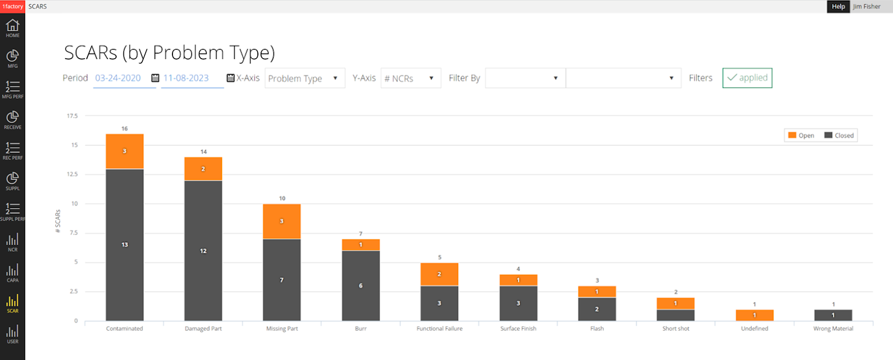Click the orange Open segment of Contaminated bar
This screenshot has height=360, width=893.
coord(124,151)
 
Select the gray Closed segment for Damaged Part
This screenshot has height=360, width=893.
coord(203,251)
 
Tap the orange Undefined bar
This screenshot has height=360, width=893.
coord(754,315)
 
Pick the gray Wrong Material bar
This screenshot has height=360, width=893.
coord(833,315)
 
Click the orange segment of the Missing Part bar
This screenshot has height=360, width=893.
coord(282,221)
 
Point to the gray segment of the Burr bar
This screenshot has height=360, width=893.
coord(361,285)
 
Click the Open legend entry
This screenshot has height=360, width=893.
coord(801,136)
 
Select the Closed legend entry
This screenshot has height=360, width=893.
coord(839,136)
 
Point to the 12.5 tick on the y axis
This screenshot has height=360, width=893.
coord(72,174)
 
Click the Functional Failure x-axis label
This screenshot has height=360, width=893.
coord(439,329)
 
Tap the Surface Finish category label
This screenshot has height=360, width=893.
coord(518,329)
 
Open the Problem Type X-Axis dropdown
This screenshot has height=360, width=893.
coord(305,78)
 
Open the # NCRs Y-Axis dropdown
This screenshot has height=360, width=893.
coord(411,78)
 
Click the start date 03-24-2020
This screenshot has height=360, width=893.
coord(118,78)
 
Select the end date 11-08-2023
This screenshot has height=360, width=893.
coord(186,78)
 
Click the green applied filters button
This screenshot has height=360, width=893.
coord(747,78)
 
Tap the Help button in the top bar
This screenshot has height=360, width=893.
coord(838,6)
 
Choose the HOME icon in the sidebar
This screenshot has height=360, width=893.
coord(12,28)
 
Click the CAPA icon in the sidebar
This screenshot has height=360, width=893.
coord(12,273)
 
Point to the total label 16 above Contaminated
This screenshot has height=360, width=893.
coord(124,129)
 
